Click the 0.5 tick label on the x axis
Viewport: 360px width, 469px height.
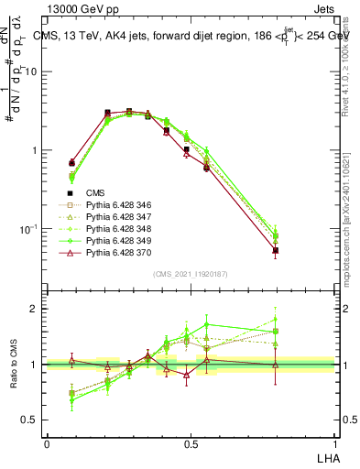point(191,444)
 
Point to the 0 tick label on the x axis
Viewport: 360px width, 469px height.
point(47,444)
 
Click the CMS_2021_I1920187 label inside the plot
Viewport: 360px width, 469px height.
point(191,274)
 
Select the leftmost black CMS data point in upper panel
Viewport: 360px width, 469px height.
point(72,136)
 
